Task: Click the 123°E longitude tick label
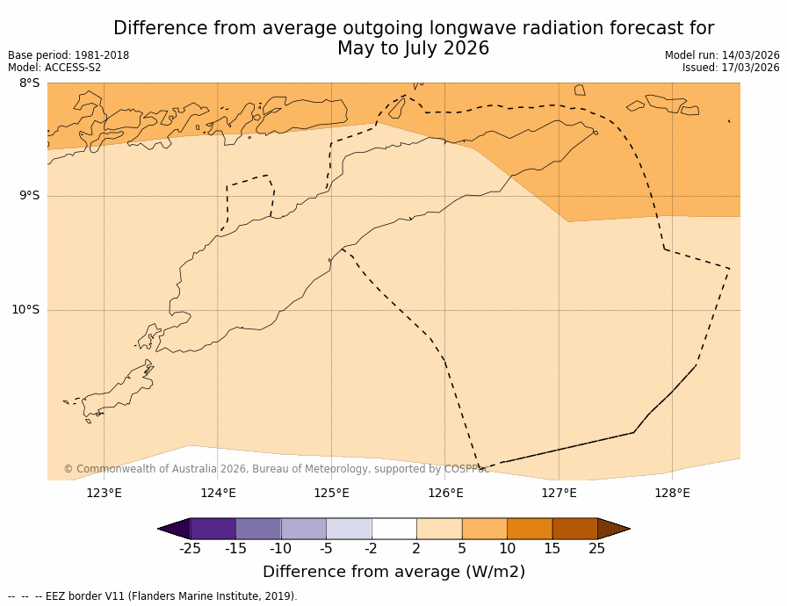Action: [x=104, y=493]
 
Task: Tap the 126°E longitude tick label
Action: [x=445, y=493]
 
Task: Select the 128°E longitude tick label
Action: [x=672, y=493]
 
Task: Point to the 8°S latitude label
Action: [x=29, y=83]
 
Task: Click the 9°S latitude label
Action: [x=29, y=196]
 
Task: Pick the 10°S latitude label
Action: [x=25, y=309]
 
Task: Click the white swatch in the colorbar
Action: [x=393, y=529]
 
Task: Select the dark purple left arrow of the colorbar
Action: [x=175, y=529]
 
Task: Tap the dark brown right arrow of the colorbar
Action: [x=613, y=529]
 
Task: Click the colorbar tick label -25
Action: [x=190, y=549]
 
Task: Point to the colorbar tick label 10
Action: [x=507, y=549]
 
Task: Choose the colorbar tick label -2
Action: [x=372, y=549]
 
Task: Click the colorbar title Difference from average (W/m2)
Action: [x=393, y=572]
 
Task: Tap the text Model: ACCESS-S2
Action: [x=54, y=68]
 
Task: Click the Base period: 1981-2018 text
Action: [x=69, y=55]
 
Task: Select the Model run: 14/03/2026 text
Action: [x=722, y=55]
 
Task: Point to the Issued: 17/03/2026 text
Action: [x=731, y=68]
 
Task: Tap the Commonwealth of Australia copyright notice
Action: [x=276, y=469]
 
